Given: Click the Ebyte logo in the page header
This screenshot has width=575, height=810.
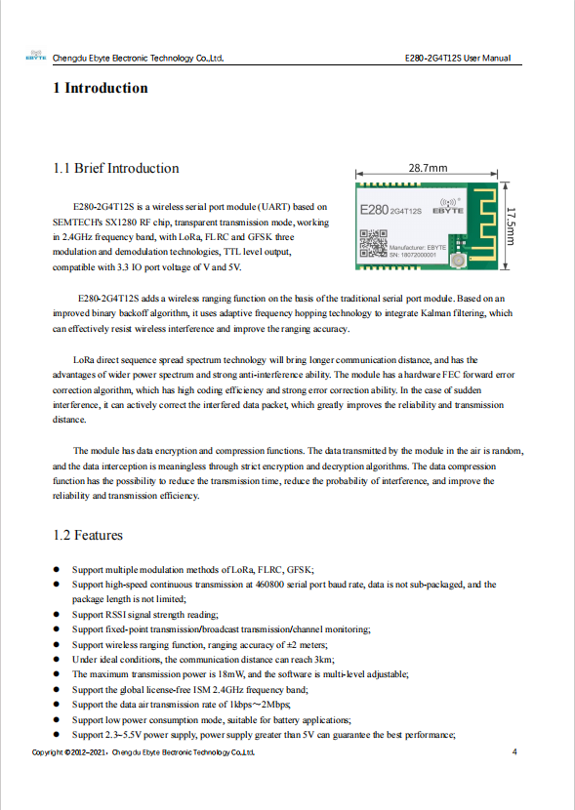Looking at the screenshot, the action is tap(36, 55).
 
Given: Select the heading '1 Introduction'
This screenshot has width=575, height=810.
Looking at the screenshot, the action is tap(101, 88).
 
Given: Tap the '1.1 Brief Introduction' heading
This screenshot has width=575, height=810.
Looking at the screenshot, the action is tap(116, 169).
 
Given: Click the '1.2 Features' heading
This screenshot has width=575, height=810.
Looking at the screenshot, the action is tap(88, 535).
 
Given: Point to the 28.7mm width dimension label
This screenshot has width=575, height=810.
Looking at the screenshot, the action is tap(428, 168).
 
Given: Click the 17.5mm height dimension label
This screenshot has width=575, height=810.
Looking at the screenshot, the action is tap(511, 226).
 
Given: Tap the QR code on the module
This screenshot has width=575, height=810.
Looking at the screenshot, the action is tap(373, 243).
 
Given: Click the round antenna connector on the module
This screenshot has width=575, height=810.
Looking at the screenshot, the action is tap(457, 261).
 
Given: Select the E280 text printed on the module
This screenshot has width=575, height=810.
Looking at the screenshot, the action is tap(374, 210).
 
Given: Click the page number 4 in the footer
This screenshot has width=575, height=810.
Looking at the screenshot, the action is tap(514, 751).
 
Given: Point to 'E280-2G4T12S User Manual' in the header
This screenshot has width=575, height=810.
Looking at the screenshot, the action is tap(458, 58).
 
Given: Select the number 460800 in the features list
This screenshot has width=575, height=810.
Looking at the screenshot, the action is tap(269, 585).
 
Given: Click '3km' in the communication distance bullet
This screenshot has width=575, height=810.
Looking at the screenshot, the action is tap(324, 660).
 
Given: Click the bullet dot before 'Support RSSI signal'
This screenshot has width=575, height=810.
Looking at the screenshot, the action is tap(57, 615).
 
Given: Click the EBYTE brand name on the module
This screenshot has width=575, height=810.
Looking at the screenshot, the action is tap(448, 211).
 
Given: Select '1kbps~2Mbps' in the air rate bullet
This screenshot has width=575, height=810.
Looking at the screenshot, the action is tap(260, 705).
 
